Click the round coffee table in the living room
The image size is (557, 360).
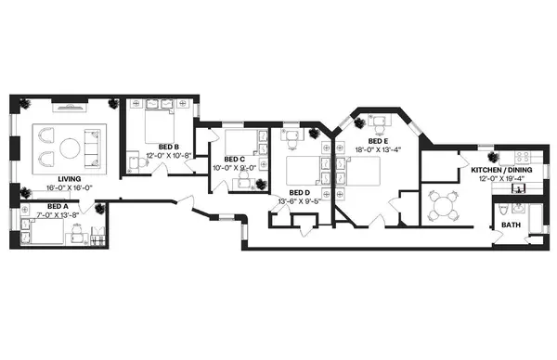point(71,148)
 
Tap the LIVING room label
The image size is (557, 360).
point(69,179)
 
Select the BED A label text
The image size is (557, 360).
point(58,205)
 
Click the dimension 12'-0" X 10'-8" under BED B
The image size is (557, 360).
point(168,155)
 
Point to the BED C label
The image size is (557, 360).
point(234,159)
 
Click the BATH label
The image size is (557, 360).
point(511,225)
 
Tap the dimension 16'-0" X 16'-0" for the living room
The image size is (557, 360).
point(69,187)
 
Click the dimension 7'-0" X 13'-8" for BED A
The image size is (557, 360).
point(58,213)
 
